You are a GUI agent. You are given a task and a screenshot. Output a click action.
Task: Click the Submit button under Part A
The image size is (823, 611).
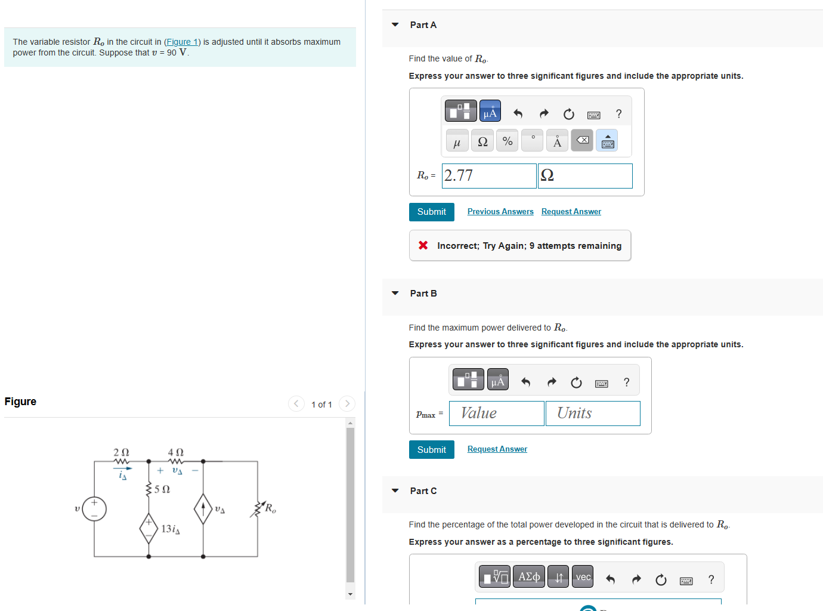(431, 212)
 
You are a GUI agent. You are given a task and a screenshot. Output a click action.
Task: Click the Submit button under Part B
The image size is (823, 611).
(431, 450)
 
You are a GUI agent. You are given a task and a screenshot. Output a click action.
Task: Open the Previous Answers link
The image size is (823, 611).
(500, 212)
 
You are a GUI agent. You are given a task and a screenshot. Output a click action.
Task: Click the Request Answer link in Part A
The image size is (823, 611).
(571, 212)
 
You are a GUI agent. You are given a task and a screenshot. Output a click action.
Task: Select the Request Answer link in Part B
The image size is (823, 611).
(497, 449)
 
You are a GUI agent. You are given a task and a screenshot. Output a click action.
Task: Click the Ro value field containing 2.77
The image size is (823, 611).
(488, 176)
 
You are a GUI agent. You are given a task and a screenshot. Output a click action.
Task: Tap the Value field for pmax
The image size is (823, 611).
(496, 413)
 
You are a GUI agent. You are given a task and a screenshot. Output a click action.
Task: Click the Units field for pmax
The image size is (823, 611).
(592, 413)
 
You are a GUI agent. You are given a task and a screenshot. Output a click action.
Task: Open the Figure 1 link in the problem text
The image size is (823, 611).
(182, 42)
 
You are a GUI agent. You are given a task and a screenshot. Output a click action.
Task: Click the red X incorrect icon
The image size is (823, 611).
(423, 245)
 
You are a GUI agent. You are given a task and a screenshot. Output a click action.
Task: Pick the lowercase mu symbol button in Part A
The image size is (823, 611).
(457, 141)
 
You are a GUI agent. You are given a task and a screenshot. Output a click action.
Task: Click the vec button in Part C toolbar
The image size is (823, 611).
(582, 577)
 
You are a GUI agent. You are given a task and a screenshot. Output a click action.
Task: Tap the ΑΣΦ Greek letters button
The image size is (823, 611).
(528, 577)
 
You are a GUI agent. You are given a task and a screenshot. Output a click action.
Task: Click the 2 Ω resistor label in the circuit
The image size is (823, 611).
(121, 452)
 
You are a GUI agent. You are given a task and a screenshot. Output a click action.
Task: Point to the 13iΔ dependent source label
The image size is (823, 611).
(171, 529)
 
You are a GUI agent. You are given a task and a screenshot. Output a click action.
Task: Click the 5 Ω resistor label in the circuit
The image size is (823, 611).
(162, 489)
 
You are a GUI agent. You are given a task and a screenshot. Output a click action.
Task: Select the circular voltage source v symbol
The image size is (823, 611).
(94, 509)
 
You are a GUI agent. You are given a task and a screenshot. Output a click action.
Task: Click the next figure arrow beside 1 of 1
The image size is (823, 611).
(347, 404)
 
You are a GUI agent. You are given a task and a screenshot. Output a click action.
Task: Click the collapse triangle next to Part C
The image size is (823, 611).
(395, 490)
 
